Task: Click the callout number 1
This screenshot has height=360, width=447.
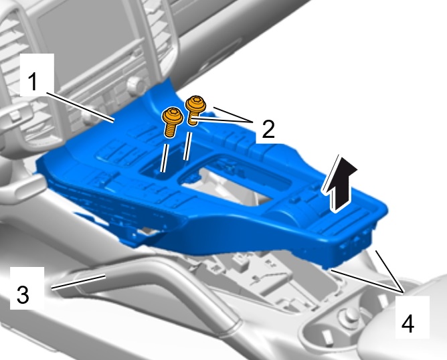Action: click(x=33, y=82)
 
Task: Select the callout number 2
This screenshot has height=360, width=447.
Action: click(x=268, y=129)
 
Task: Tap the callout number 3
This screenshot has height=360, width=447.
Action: click(x=23, y=294)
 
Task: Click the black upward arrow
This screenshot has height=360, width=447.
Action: click(x=339, y=184)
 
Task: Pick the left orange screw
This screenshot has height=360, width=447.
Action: click(x=173, y=122)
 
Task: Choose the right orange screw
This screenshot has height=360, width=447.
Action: click(x=195, y=110)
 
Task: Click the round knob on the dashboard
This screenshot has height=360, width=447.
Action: click(x=135, y=85)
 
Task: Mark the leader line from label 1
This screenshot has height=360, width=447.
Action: click(x=81, y=108)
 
